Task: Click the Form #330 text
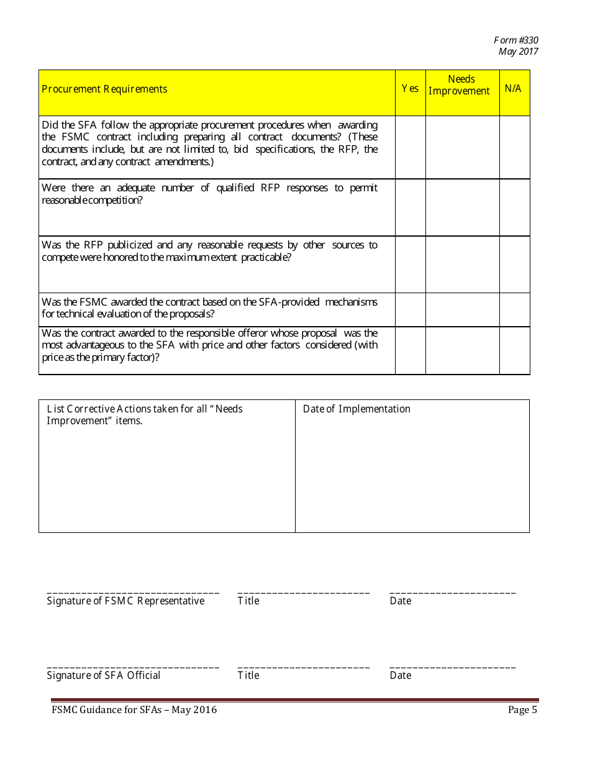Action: (516, 40)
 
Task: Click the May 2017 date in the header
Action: (518, 52)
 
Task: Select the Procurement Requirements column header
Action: (104, 89)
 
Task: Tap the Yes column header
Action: (410, 89)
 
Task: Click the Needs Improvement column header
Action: (461, 85)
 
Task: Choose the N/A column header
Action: (513, 88)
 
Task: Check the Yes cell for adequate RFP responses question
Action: (410, 207)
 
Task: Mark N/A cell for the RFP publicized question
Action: (514, 264)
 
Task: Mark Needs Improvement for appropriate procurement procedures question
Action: (462, 147)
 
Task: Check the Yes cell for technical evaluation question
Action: (410, 309)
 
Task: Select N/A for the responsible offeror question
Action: (514, 350)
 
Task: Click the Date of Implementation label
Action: (356, 409)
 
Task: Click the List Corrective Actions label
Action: (145, 414)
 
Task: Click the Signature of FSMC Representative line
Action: (133, 593)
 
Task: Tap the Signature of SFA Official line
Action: (133, 668)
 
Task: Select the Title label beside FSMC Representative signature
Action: (248, 601)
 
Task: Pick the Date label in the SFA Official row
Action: (401, 675)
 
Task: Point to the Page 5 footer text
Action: (522, 710)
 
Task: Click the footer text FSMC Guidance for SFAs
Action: (134, 710)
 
